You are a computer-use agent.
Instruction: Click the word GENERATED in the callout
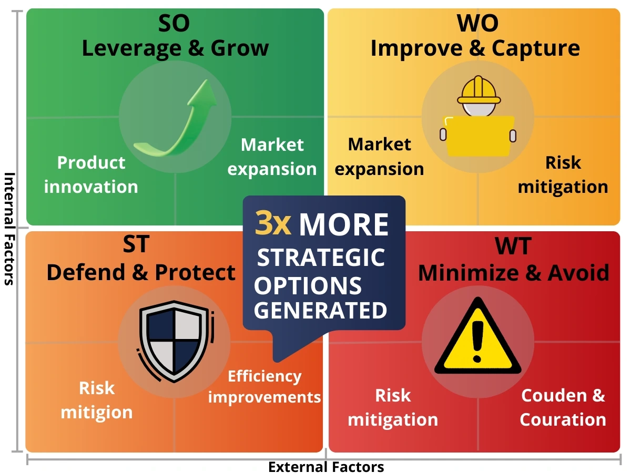[321, 310]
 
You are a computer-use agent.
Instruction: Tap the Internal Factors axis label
[9, 229]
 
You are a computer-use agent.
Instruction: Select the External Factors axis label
[326, 467]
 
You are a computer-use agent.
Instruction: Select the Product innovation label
[91, 174]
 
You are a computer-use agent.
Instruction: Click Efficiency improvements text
[264, 387]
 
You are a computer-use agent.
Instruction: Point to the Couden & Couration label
[563, 407]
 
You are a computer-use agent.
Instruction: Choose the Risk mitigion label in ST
[97, 400]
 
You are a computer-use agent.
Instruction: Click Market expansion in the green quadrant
[272, 157]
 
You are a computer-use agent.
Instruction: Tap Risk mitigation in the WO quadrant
[563, 174]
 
